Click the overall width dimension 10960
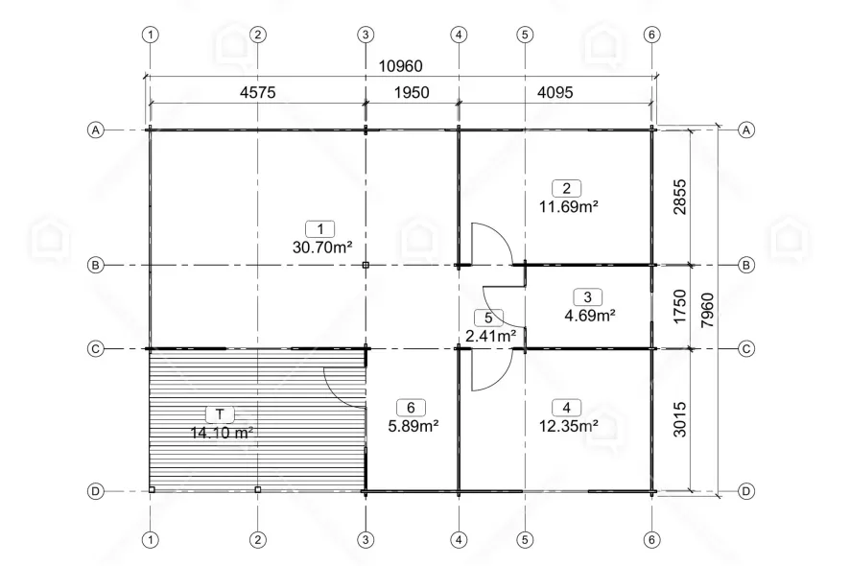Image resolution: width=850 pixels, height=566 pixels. click(x=400, y=66)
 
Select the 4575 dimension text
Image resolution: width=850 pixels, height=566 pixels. click(x=257, y=93)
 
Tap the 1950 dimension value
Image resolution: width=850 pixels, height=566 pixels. click(x=412, y=93)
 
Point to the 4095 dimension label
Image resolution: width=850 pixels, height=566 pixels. click(x=555, y=93)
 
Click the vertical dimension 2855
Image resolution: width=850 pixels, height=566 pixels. click(x=679, y=198)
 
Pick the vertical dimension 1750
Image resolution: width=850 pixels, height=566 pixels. click(x=679, y=307)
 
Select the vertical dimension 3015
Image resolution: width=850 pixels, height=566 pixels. click(x=679, y=419)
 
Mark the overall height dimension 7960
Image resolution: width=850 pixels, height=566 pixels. click(x=707, y=310)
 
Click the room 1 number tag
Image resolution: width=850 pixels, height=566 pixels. click(x=320, y=228)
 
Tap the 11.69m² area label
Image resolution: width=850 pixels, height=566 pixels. click(x=569, y=206)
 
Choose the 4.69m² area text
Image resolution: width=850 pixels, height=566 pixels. click(x=590, y=315)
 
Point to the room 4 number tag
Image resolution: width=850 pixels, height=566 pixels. click(x=566, y=408)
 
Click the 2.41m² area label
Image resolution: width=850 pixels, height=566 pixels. click(x=490, y=336)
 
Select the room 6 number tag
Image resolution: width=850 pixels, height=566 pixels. click(x=411, y=408)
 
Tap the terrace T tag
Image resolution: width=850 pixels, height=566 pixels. click(x=220, y=414)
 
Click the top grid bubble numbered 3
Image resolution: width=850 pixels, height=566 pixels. click(x=366, y=35)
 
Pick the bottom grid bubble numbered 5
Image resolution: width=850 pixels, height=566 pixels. click(x=525, y=540)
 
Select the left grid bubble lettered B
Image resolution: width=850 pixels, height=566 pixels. click(x=95, y=265)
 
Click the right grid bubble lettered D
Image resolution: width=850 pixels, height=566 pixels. click(x=746, y=491)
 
